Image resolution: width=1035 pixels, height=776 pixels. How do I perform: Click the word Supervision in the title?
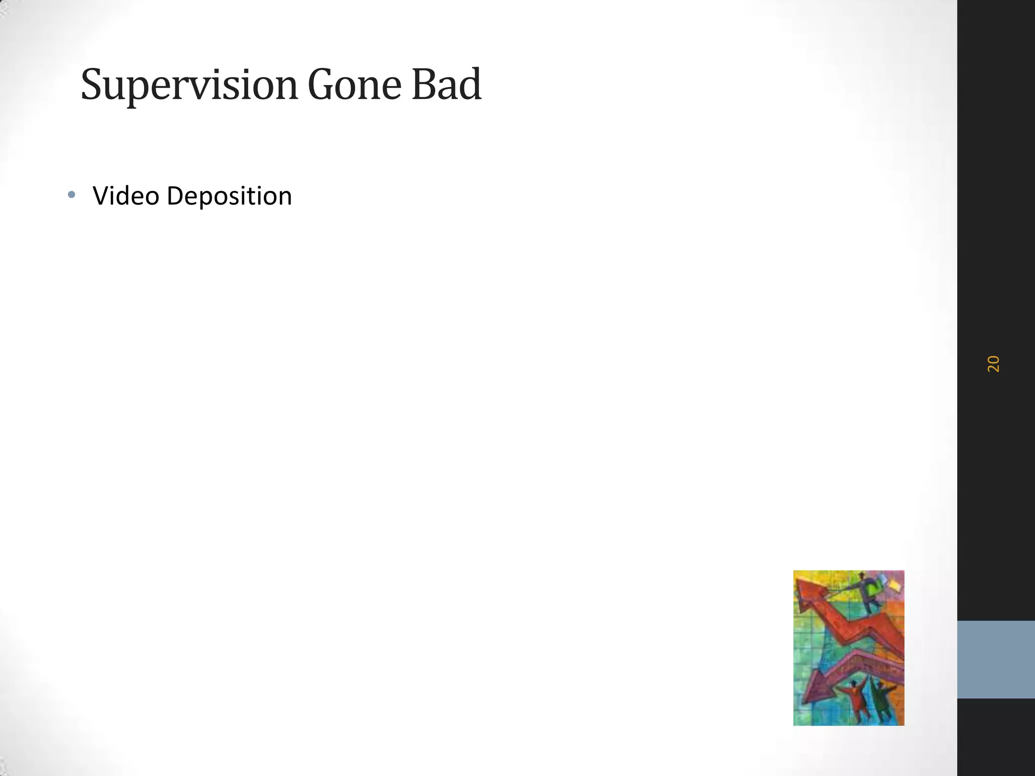click(190, 85)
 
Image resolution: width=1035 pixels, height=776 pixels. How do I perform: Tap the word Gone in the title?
click(354, 85)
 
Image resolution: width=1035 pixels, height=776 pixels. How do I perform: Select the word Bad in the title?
click(446, 85)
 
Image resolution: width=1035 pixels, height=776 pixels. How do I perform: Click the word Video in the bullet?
click(126, 196)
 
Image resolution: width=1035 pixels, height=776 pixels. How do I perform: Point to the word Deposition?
click(229, 196)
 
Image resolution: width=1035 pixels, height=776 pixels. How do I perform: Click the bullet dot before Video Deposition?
click(71, 195)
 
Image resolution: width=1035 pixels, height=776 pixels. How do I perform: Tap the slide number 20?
click(993, 364)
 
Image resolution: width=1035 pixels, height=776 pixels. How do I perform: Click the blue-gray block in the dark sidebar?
click(996, 659)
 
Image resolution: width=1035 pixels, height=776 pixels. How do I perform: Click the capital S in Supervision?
click(92, 85)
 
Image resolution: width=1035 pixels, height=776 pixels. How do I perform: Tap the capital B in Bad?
click(424, 85)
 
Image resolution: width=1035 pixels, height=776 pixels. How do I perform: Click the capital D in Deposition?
click(175, 196)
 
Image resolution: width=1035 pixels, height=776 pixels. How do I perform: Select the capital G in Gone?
click(320, 85)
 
